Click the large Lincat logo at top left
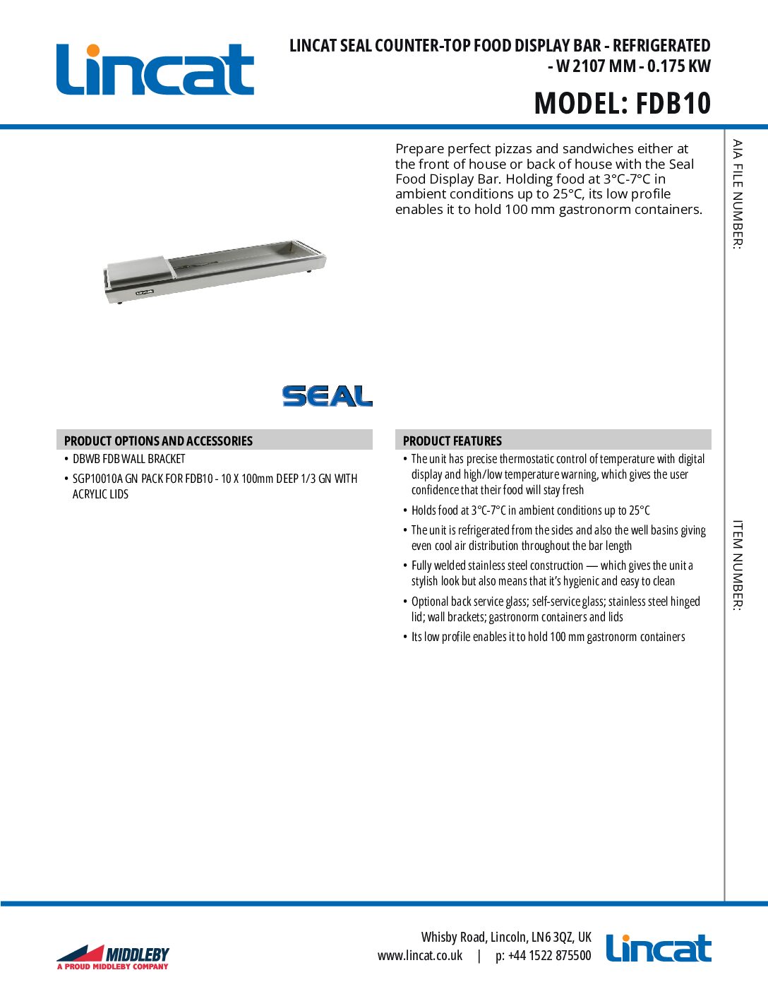pyautogui.click(x=155, y=70)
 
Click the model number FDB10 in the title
pyautogui.click(x=673, y=103)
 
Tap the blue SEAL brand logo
pyautogui.click(x=327, y=396)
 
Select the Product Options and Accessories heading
pyautogui.click(x=158, y=441)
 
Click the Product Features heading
pyautogui.click(x=452, y=441)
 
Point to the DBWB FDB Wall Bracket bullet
pyautogui.click(x=128, y=459)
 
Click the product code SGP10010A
pyautogui.click(x=97, y=479)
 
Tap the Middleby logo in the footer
pyautogui.click(x=113, y=957)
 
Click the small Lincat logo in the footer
pyautogui.click(x=658, y=949)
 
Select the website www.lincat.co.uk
pyautogui.click(x=420, y=956)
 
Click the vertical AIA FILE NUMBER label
pyautogui.click(x=737, y=194)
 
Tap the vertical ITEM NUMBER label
pyautogui.click(x=737, y=565)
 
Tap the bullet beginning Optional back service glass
pyautogui.click(x=555, y=609)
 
